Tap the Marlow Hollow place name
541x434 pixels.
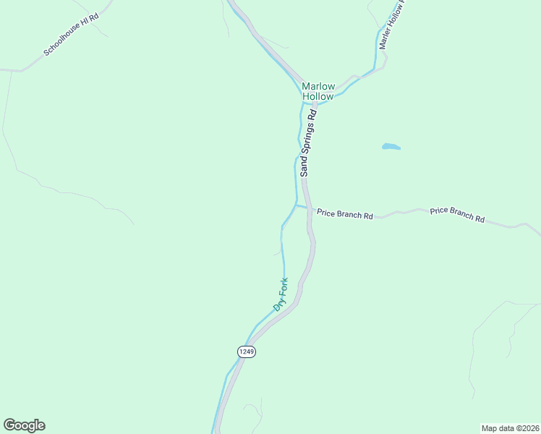(x=318, y=90)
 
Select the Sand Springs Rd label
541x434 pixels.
(x=309, y=143)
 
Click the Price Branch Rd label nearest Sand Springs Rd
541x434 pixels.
(x=344, y=216)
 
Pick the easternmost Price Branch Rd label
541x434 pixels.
(x=457, y=214)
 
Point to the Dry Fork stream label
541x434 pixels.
(x=281, y=294)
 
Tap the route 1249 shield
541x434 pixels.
(x=246, y=351)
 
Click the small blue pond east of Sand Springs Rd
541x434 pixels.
(x=391, y=147)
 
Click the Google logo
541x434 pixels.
(x=24, y=425)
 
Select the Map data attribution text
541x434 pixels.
(x=510, y=427)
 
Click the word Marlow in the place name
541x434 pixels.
(x=318, y=85)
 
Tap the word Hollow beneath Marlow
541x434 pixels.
(x=318, y=96)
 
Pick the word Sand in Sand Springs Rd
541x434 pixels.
(x=305, y=166)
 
